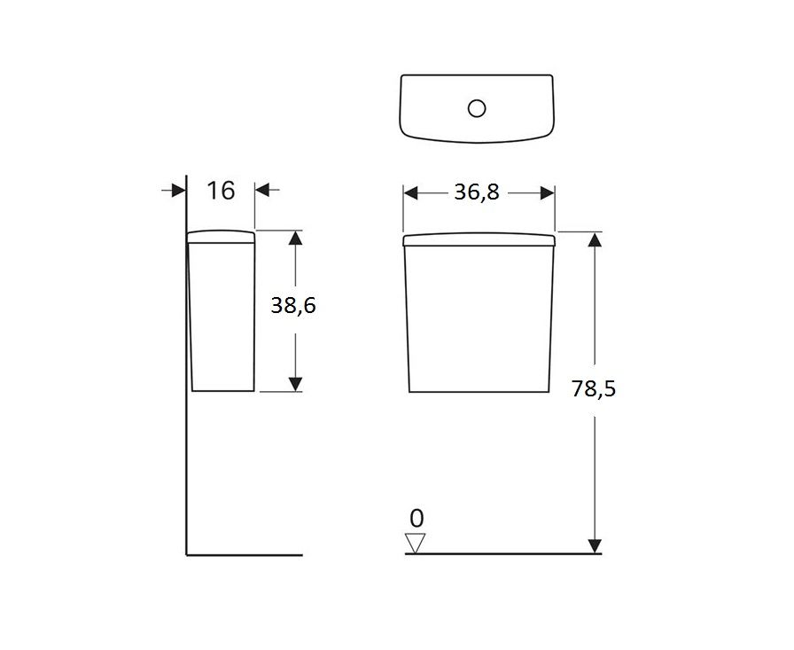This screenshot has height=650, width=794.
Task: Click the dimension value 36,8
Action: [x=477, y=192]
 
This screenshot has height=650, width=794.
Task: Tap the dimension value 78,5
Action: [x=594, y=389]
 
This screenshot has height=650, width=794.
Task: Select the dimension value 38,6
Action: [x=293, y=306]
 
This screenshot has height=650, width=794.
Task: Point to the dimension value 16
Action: [x=221, y=191]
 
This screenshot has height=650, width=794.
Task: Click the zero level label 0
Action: [x=416, y=518]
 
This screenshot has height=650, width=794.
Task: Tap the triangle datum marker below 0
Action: [x=416, y=543]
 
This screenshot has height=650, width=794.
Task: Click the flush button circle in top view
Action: [x=477, y=108]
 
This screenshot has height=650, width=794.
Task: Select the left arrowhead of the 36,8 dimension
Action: [x=410, y=193]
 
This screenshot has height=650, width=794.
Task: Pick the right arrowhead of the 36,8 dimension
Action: [x=548, y=193]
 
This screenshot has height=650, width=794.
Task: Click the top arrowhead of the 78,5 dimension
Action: [x=595, y=239]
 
